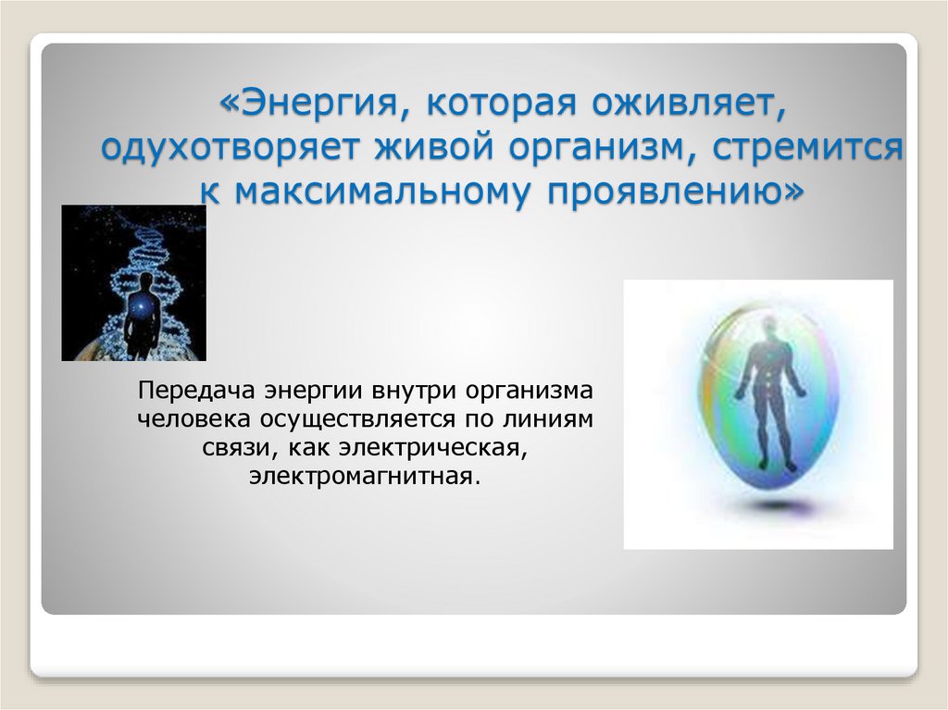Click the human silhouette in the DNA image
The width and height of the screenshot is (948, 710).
pyautogui.click(x=142, y=315)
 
